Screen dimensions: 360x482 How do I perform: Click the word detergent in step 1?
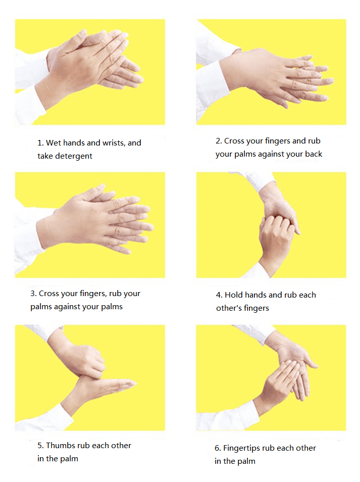coord(73,156)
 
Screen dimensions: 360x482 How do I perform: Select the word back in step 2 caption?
coord(314,154)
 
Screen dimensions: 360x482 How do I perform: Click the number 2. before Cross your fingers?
coord(219,141)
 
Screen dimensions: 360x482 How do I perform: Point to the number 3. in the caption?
coord(33,294)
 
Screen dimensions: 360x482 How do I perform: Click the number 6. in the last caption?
coord(218,448)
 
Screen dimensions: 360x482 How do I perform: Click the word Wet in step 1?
coord(54,143)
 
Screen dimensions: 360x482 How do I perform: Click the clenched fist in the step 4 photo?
coord(275,233)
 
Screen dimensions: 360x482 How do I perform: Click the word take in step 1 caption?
coord(45,156)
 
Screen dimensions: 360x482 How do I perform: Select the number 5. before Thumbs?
coord(41,446)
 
